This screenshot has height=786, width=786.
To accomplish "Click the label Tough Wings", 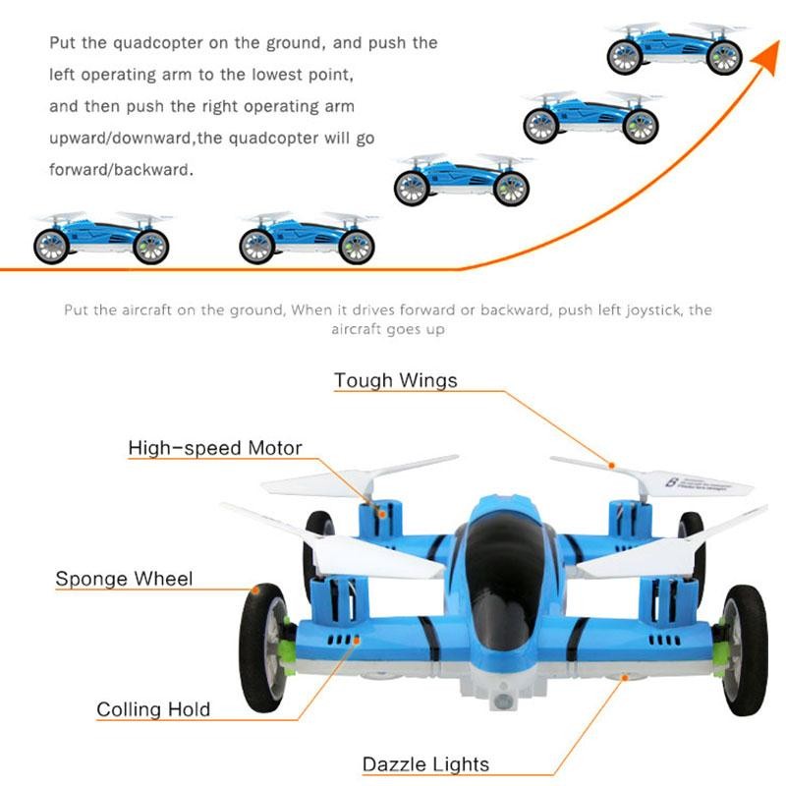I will pyautogui.click(x=395, y=380).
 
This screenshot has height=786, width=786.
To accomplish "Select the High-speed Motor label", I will pyautogui.click(x=215, y=449).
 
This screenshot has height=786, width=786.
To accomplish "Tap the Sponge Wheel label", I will pyautogui.click(x=124, y=579).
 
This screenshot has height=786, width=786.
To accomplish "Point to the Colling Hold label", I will pyautogui.click(x=153, y=709).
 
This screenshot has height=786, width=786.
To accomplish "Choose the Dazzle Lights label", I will pyautogui.click(x=425, y=764).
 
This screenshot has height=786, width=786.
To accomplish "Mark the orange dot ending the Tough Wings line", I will pyautogui.click(x=612, y=465).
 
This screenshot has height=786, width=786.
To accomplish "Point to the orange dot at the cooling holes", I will pyautogui.click(x=359, y=639).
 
